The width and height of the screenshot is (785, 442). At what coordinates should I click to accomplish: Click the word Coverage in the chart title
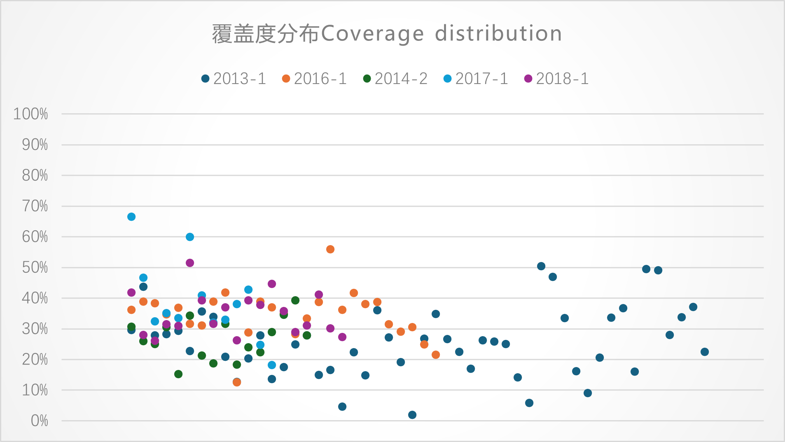[x=372, y=34]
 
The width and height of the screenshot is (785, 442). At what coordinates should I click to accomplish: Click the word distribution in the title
[x=498, y=33]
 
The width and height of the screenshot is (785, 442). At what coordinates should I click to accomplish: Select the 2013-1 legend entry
[x=234, y=79]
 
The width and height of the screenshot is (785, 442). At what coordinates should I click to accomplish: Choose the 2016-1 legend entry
[x=315, y=79]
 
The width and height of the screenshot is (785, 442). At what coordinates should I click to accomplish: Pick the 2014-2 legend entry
[x=395, y=79]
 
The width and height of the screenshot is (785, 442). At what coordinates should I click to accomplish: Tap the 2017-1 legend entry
[x=476, y=79]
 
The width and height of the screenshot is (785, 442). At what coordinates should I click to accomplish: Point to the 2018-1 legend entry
[x=557, y=79]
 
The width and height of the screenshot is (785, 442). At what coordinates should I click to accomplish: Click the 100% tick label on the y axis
[x=31, y=114]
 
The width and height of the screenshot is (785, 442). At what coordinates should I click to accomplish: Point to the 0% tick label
[x=40, y=421]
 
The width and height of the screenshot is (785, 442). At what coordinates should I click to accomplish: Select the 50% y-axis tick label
[x=35, y=268]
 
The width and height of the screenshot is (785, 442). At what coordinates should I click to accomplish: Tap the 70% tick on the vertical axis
[x=35, y=206]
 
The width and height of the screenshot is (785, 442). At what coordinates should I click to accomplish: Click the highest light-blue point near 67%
[x=131, y=217]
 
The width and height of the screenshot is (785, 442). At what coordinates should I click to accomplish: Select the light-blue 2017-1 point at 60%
[x=190, y=237]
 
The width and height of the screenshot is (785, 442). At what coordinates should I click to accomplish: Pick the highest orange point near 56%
[x=330, y=249]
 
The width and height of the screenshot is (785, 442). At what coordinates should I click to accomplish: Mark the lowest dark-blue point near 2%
[x=412, y=415]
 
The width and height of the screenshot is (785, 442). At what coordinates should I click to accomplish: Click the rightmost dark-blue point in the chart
[x=705, y=352]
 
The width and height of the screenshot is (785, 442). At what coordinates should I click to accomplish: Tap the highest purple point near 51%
[x=190, y=263]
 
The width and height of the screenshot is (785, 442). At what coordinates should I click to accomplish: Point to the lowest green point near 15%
[x=178, y=374]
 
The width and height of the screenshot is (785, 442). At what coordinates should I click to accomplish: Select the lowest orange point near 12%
[x=237, y=382]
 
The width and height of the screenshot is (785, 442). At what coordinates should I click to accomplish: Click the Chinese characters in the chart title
[x=266, y=34]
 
